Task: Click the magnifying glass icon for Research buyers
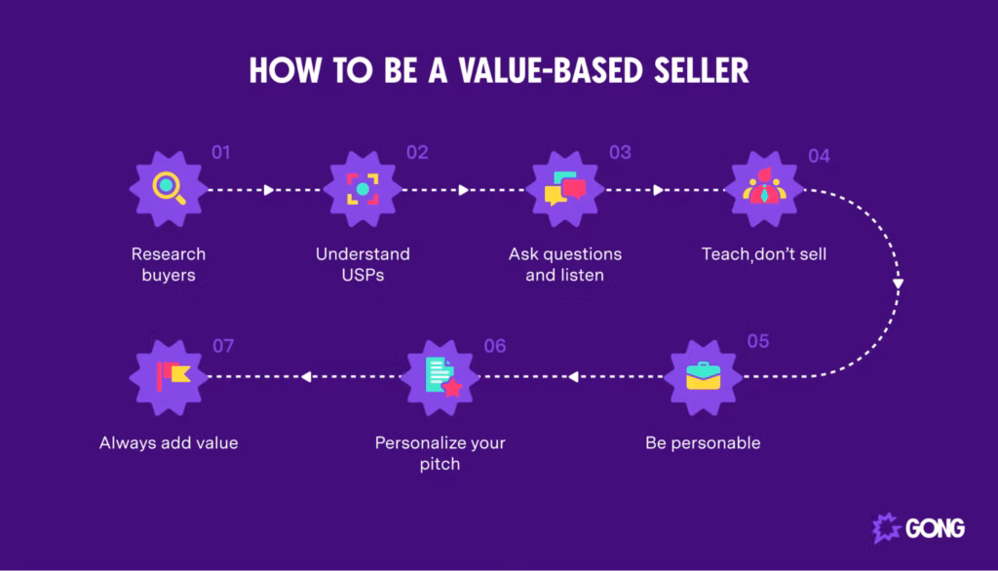click(169, 188)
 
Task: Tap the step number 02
click(417, 153)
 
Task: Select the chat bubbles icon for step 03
click(565, 188)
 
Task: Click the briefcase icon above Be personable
click(704, 375)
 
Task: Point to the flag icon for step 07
click(173, 376)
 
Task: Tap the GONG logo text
click(935, 528)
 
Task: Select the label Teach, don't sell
click(764, 254)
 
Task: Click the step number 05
click(758, 341)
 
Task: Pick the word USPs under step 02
click(363, 275)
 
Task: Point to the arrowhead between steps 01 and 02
click(269, 190)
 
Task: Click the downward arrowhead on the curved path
click(898, 284)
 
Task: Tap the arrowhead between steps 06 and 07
click(306, 377)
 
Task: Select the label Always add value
click(169, 443)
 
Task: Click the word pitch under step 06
click(440, 464)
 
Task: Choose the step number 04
click(819, 157)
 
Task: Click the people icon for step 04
click(764, 186)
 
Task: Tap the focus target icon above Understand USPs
click(363, 189)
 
